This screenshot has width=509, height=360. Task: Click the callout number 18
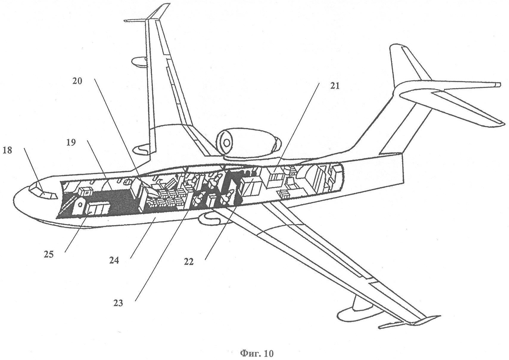tap(7, 150)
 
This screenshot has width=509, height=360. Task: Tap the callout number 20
tap(77, 81)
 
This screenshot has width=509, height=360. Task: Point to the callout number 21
tap(334, 86)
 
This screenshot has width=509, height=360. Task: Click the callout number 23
tap(118, 303)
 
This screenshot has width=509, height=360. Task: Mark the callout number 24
tap(114, 260)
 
